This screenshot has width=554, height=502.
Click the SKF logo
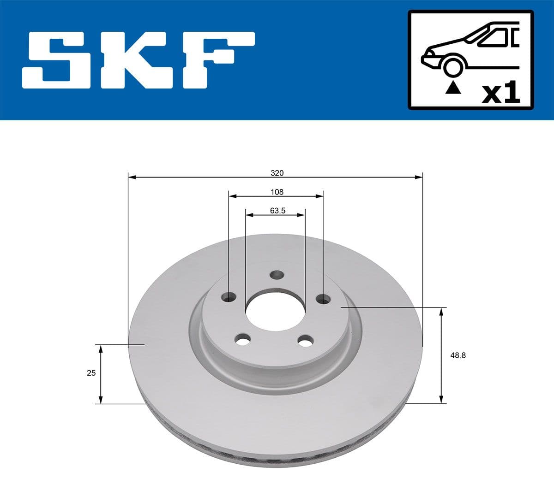click(138, 60)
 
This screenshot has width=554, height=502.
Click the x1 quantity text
click(501, 94)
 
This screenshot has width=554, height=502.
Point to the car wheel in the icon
click(452, 66)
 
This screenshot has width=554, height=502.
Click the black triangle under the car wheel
click(452, 87)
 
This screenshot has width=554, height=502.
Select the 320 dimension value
click(277, 173)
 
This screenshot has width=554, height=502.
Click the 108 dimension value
click(277, 192)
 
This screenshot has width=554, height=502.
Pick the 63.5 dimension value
click(277, 211)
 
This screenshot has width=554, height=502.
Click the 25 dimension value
click(91, 373)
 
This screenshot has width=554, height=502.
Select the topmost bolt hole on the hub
click(277, 275)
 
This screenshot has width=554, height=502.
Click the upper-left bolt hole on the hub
click(229, 297)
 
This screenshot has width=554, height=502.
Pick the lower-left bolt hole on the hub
click(242, 340)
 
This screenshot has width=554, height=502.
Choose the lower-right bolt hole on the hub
click(305, 341)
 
